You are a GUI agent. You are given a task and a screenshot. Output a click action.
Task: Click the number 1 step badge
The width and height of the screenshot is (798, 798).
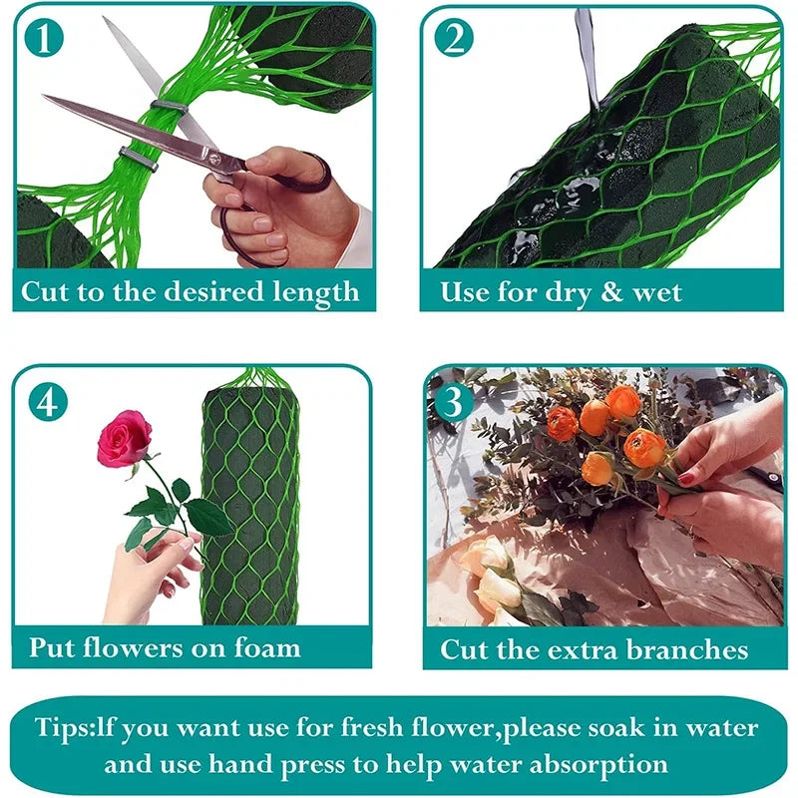[x=44, y=38]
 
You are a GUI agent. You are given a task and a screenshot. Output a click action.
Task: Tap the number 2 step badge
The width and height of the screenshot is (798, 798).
[x=454, y=38]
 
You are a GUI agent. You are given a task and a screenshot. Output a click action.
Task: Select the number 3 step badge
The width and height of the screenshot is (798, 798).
[x=453, y=402]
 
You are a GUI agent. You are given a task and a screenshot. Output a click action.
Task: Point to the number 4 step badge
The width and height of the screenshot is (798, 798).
[x=48, y=402]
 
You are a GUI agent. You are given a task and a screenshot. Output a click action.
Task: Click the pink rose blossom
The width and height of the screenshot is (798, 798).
[x=124, y=438]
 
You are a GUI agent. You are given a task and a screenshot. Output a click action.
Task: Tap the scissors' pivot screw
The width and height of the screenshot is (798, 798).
[x=213, y=158]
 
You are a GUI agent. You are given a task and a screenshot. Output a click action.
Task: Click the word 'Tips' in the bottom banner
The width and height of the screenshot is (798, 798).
[x=61, y=728]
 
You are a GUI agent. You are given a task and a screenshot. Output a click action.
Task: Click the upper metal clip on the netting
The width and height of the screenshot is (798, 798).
[x=169, y=107]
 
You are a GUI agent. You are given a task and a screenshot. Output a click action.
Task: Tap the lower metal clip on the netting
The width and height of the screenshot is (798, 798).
[x=138, y=159]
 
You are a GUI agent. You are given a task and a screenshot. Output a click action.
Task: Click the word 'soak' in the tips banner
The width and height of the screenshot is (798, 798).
[x=616, y=728]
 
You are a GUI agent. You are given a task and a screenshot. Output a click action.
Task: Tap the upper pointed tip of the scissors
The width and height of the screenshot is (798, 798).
[x=104, y=18]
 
